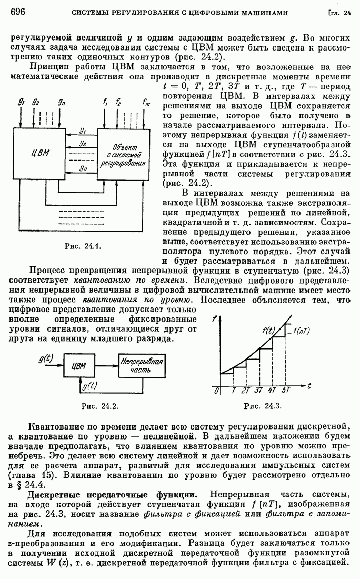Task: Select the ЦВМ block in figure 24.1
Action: (40, 153)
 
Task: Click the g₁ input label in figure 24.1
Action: (21, 102)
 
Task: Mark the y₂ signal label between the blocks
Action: (83, 143)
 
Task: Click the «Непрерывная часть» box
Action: (141, 366)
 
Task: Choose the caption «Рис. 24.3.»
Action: (263, 406)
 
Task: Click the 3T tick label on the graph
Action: (258, 390)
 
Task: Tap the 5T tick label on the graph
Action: (286, 390)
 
